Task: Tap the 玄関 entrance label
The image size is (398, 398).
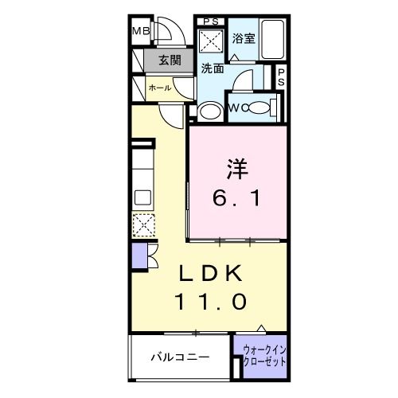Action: pyautogui.click(x=169, y=60)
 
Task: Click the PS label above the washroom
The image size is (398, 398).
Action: pyautogui.click(x=210, y=21)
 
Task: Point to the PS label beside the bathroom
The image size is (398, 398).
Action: pyautogui.click(x=281, y=77)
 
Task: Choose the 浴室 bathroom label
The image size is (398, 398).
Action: pyautogui.click(x=243, y=38)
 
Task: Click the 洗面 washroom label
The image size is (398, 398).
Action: pyautogui.click(x=211, y=68)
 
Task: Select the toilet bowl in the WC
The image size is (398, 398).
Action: pyautogui.click(x=259, y=107)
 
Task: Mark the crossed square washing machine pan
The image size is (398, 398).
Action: pyautogui.click(x=211, y=41)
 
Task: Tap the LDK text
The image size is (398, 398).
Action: pyautogui.click(x=210, y=273)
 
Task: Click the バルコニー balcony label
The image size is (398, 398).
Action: pyautogui.click(x=181, y=357)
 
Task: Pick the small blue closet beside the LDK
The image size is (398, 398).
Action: pyautogui.click(x=139, y=256)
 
